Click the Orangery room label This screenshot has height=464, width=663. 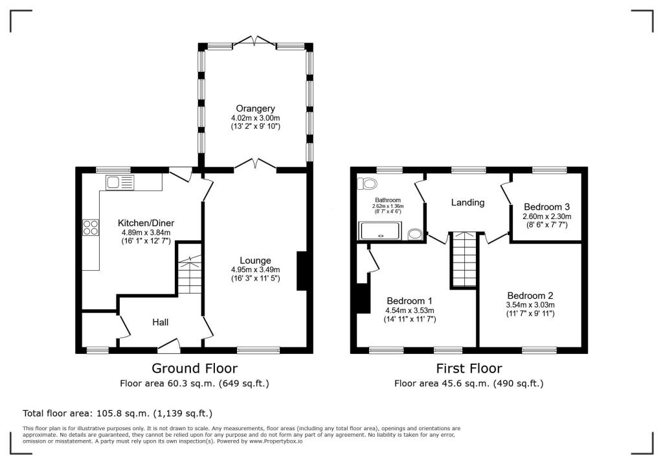point(255,109)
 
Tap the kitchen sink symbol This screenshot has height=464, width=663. point(120,183)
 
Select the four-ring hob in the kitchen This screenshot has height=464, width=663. point(91,227)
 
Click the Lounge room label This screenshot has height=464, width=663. point(255,261)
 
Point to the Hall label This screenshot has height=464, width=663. point(161,322)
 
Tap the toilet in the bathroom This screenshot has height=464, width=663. point(367,184)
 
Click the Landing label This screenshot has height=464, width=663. point(467,202)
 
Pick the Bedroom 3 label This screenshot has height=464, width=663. point(546,207)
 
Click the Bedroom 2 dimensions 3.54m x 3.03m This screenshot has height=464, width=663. point(530,305)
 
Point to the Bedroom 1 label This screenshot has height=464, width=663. point(409,301)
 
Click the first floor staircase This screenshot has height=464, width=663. point(465,259)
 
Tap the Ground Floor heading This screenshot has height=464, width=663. point(194,368)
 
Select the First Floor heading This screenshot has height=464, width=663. point(469,368)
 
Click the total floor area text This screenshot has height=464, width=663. point(118,413)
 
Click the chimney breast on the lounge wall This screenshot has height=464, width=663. point(302,271)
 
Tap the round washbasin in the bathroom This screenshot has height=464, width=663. point(415,234)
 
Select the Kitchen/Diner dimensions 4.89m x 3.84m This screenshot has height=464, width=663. point(146,233)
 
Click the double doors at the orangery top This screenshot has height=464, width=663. point(254,41)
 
